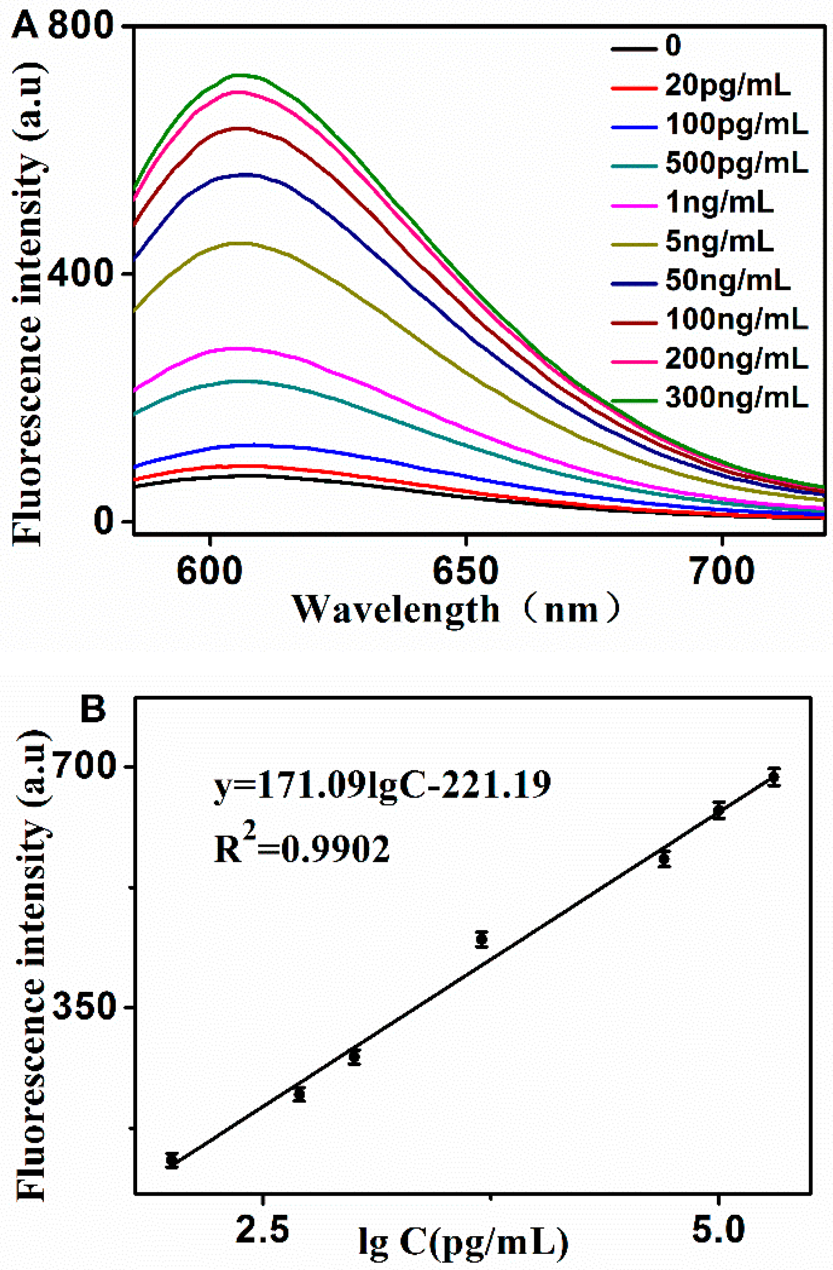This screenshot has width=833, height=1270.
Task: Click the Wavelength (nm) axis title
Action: [x=456, y=610]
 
